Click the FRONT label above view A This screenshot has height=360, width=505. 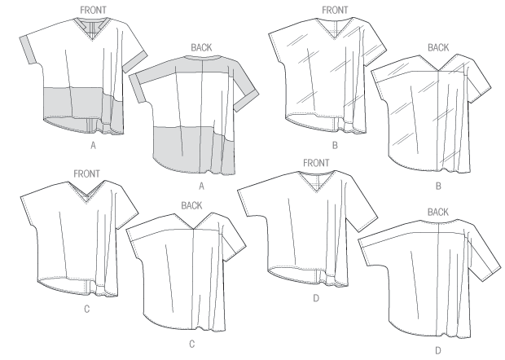coord(93,11)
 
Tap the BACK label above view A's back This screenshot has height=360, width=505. coord(202,48)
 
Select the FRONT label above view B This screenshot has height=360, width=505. coord(335,11)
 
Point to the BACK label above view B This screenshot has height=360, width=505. coord(438,48)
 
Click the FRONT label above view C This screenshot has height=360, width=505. coord(86,173)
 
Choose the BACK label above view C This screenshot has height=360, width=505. coord(191,205)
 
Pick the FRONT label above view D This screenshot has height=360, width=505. coord(316,163)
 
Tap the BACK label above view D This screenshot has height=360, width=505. coord(438,212)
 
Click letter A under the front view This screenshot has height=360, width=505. coord(93,146)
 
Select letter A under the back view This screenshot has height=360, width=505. coord(202,187)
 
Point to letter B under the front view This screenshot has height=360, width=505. coord(335,146)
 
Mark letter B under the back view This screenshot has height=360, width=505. coord(438,187)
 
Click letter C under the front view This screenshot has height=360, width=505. coord(86,310)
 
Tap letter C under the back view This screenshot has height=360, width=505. coord(192,345)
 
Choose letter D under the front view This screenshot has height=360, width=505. coord(316,298)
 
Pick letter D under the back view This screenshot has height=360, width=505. coord(438,350)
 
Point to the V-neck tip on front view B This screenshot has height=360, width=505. coord(334,39)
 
